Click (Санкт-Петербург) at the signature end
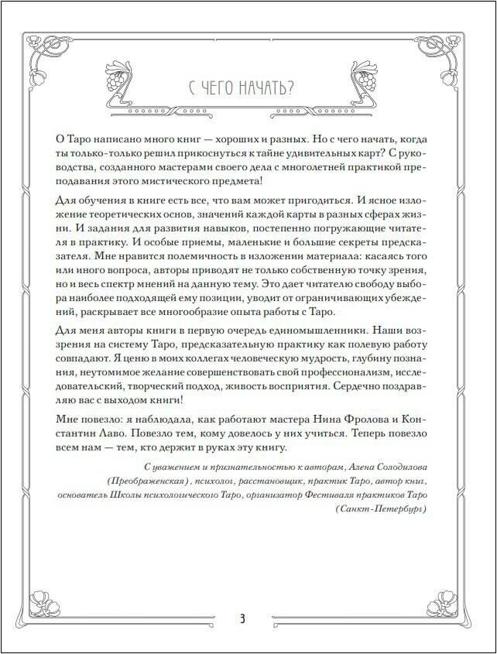coord(382,510)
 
